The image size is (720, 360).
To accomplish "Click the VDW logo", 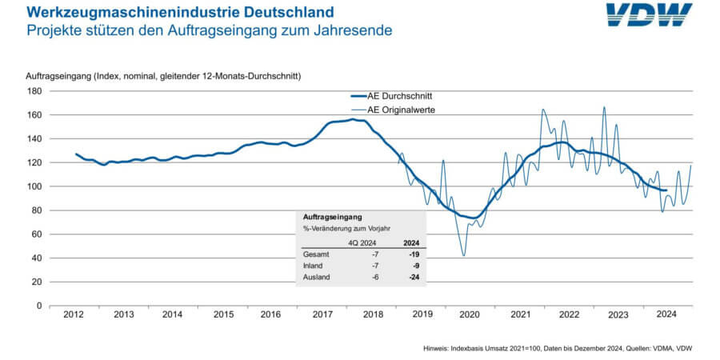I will [649, 15].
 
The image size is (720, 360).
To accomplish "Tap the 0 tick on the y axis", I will [37, 306].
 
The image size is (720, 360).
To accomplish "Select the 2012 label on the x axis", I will [74, 315].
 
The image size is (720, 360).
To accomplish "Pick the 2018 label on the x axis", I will [372, 315].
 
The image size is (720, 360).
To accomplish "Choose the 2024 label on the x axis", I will [668, 315].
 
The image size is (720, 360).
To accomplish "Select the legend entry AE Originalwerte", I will [400, 108].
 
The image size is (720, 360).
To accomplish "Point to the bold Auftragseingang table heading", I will [332, 217].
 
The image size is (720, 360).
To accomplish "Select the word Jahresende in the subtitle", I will [354, 30].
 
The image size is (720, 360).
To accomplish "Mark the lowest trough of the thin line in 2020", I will [464, 256].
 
